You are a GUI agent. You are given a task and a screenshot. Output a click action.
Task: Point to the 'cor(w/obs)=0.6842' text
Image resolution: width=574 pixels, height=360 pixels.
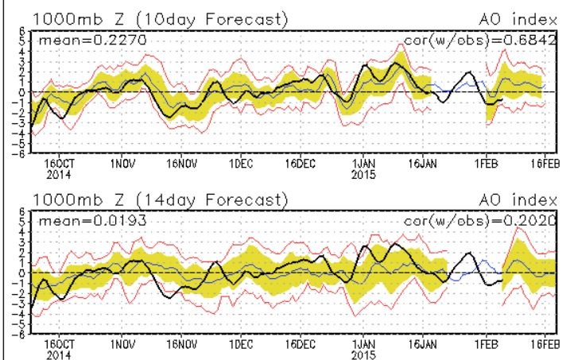[x=483, y=39]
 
